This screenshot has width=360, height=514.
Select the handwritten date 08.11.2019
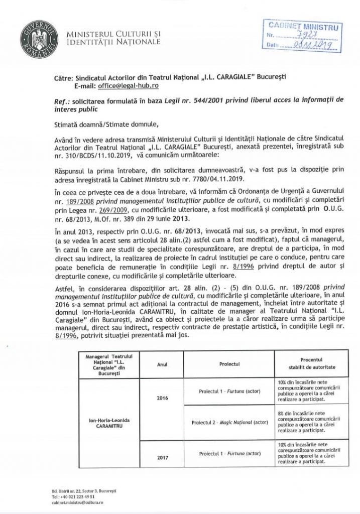[x=312, y=45]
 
